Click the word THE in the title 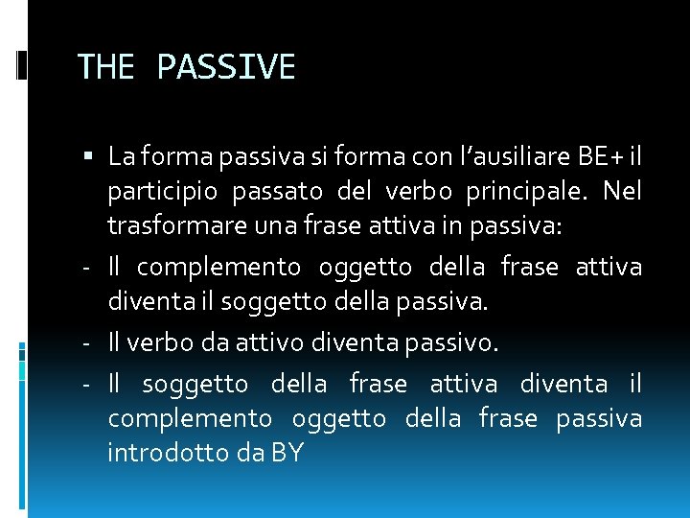point(106,67)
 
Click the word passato point(279,191)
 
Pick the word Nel point(622,191)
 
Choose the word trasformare point(168,227)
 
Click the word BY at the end point(287,453)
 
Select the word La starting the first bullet point(121,155)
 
